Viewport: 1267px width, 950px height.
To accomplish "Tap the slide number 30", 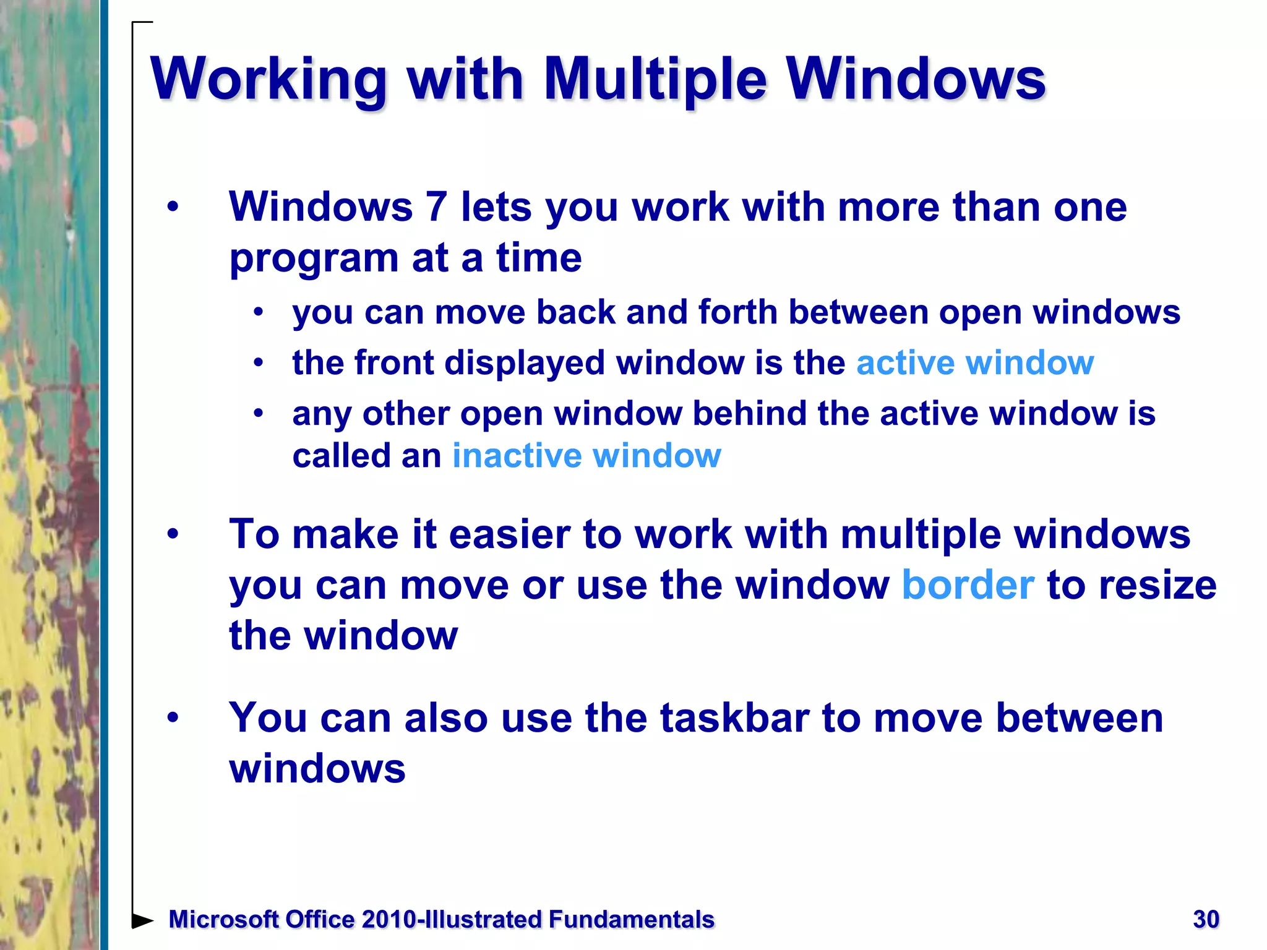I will (1206, 919).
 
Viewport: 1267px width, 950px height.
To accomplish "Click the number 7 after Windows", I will (436, 207).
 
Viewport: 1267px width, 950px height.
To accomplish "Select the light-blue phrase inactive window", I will (586, 456).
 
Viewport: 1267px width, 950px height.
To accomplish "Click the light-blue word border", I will (968, 585).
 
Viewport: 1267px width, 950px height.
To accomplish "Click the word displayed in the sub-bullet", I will (524, 362).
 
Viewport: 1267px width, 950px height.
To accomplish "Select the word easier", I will (509, 534).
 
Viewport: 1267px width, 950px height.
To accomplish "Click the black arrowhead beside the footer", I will (143, 920).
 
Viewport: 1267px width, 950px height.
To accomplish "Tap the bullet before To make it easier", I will (173, 534).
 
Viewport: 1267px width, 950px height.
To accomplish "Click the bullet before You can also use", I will (173, 717).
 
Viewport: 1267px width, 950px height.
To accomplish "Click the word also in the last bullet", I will (445, 718).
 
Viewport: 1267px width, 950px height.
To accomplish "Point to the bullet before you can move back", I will (259, 312).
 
